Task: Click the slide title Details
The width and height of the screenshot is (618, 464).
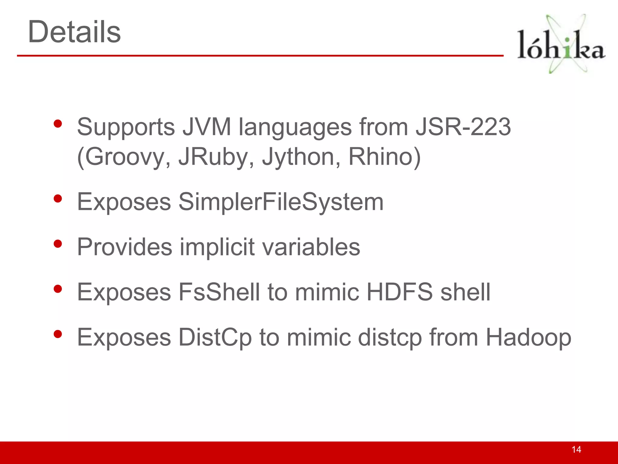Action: [x=74, y=32]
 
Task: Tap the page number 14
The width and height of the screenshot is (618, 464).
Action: [x=576, y=449]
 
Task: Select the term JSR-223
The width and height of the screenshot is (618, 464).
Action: [x=463, y=127]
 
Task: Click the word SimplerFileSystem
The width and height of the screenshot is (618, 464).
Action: [x=281, y=202]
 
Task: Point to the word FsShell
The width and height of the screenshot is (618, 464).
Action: [x=219, y=292]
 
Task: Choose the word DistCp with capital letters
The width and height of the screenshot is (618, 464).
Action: [x=215, y=337]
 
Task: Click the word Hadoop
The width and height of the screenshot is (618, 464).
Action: [x=528, y=337]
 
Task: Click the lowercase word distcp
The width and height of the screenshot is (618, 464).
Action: [x=390, y=337]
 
